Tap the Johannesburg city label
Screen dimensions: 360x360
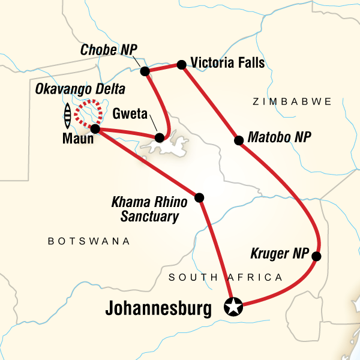[158, 310]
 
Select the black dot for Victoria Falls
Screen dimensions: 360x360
[180, 64]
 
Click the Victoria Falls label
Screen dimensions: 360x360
[227, 62]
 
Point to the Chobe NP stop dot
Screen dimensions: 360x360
[145, 71]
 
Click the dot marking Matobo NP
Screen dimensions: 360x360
[238, 141]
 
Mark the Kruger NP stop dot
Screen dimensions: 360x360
[317, 257]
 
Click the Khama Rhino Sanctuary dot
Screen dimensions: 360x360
[199, 197]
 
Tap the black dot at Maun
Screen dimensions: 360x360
[95, 129]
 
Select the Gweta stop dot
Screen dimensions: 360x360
[159, 138]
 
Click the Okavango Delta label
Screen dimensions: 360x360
[80, 90]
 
